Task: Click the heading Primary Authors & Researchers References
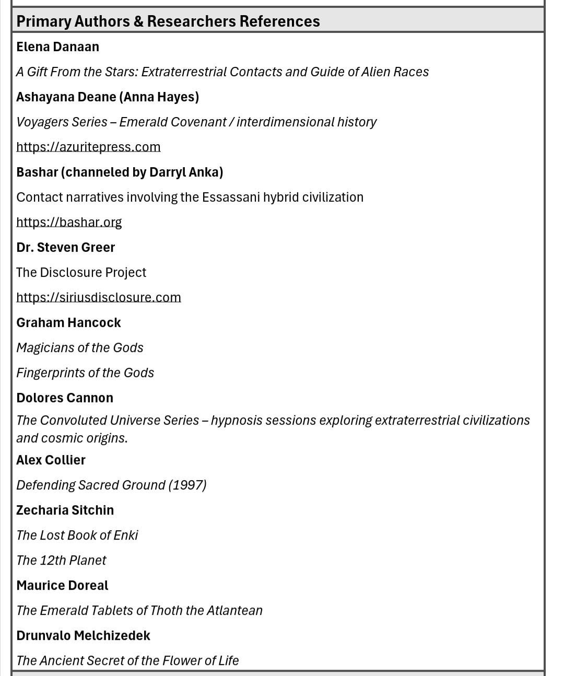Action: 168,21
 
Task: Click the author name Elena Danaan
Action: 57,46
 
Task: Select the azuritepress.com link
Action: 88,147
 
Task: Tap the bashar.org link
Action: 69,222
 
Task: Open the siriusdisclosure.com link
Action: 99,297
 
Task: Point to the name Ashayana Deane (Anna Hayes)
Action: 107,97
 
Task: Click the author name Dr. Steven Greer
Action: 65,247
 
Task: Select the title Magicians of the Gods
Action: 79,347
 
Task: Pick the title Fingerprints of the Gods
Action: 85,372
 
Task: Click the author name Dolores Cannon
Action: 65,398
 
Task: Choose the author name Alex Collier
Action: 51,460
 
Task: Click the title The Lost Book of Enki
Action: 77,535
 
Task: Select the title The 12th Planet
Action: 61,560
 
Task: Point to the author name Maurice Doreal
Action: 62,585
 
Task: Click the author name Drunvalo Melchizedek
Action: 83,635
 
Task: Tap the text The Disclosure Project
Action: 81,272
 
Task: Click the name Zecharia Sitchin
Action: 65,510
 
